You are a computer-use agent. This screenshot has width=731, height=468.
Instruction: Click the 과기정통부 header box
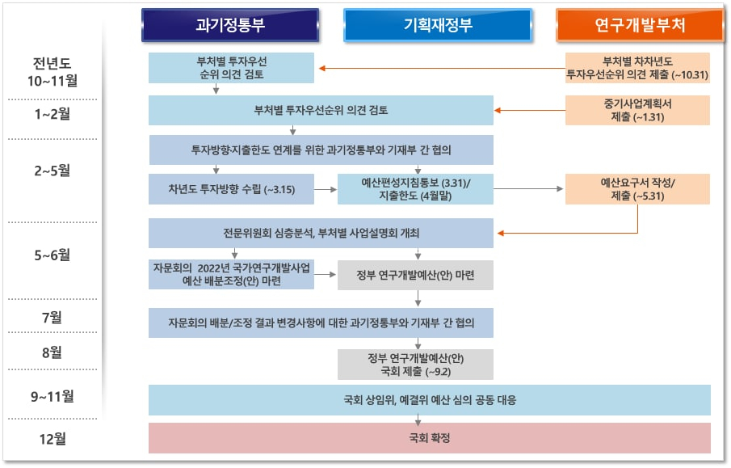tap(230, 25)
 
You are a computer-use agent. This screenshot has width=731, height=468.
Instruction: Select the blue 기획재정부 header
tap(438, 25)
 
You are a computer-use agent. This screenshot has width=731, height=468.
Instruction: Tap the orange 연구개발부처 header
tap(640, 25)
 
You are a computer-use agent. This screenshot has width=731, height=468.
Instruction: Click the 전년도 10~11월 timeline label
tap(53, 72)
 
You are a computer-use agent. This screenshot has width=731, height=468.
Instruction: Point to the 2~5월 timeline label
tap(53, 171)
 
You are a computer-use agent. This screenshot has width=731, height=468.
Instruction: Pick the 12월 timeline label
tap(53, 439)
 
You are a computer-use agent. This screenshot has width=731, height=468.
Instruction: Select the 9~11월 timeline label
tap(53, 396)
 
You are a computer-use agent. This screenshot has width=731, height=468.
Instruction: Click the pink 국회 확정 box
tap(430, 437)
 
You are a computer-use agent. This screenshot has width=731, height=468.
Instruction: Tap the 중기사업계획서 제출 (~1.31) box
tap(637, 110)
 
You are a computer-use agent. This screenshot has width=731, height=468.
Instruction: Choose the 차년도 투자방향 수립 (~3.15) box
tap(231, 189)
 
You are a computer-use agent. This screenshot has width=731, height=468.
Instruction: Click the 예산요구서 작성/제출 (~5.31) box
tap(637, 189)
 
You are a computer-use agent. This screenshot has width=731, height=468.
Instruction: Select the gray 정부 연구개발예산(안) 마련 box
tap(415, 275)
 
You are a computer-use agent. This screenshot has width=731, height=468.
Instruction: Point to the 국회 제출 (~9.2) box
tap(415, 365)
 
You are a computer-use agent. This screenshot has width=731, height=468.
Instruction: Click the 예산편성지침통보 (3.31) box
tap(415, 189)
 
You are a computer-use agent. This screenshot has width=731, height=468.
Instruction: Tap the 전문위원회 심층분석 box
tap(321, 233)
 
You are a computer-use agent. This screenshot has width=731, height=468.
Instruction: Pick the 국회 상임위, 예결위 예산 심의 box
tap(430, 400)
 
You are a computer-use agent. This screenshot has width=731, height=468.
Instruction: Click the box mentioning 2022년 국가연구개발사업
tap(231, 274)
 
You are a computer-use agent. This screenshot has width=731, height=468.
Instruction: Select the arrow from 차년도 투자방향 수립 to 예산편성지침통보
tap(326, 189)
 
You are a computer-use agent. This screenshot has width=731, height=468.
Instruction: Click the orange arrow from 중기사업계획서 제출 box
tap(530, 111)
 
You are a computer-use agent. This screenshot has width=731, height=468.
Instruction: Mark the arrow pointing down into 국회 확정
tap(418, 420)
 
